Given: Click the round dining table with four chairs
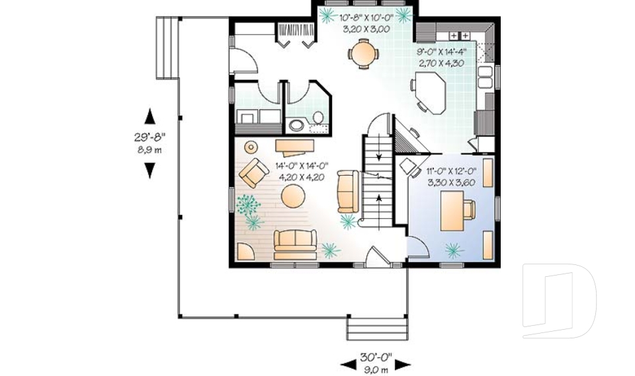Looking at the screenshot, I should click(364, 54).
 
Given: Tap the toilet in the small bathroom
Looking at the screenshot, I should click(318, 118).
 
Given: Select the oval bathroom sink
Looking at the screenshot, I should click(295, 125).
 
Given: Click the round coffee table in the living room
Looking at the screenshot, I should click(293, 196).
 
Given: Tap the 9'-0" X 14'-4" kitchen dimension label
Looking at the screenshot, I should click(441, 56).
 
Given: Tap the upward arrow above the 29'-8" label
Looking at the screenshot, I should click(150, 116).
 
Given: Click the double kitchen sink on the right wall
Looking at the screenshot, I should click(487, 77).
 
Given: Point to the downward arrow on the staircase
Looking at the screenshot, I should click(379, 157).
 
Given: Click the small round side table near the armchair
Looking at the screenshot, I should click(252, 147).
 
